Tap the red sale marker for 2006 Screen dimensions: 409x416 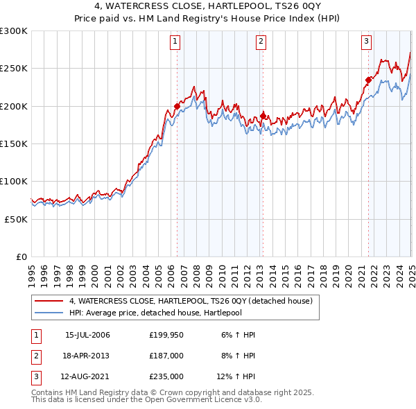(x=177, y=106)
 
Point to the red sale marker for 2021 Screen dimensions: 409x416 (x=368, y=80)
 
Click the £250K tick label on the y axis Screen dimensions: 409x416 (x=14, y=69)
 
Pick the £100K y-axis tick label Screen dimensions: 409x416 (x=14, y=181)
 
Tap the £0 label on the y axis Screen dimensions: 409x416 (x=20, y=256)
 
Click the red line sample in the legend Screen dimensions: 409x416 (x=48, y=301)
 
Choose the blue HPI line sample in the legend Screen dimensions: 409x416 (x=48, y=312)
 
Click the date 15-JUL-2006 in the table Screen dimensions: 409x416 (x=87, y=335)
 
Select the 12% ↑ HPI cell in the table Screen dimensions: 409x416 (x=236, y=376)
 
